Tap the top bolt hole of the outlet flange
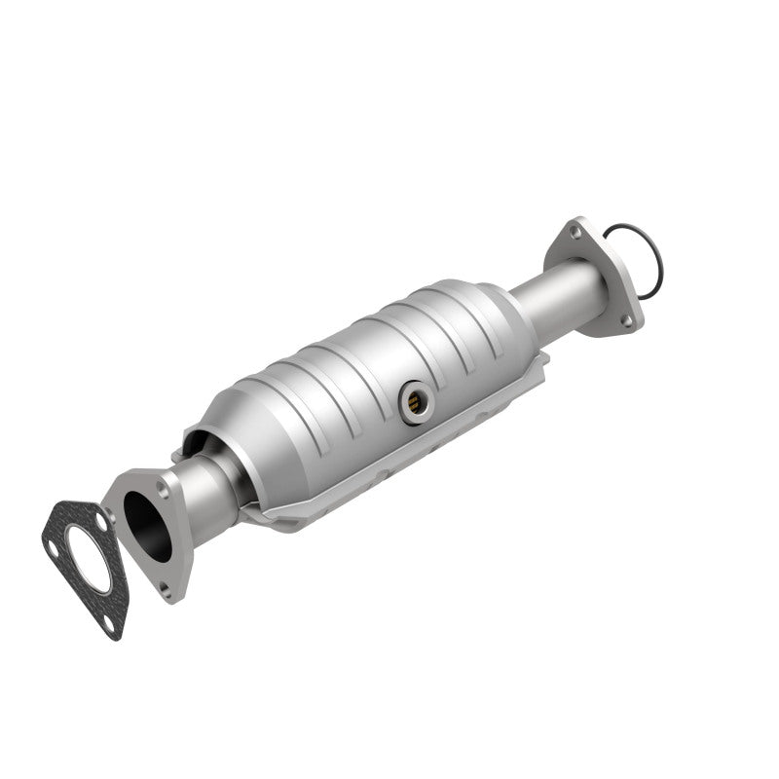582,230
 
